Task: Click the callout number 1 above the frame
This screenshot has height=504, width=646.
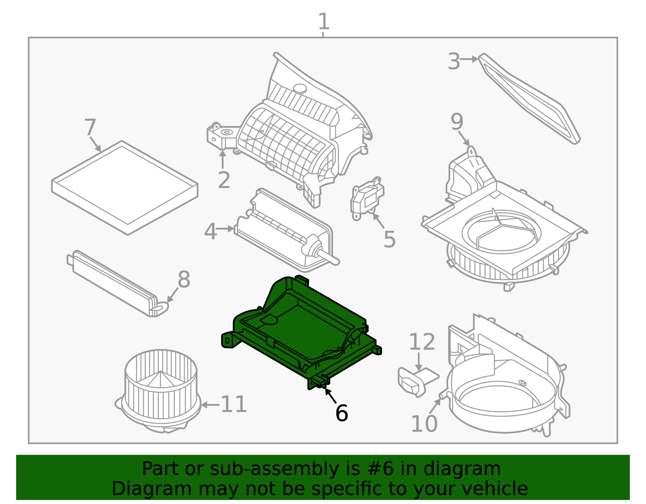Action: point(324,21)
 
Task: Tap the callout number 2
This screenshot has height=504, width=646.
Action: point(224,180)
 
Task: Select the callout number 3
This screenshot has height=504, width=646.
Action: point(454,61)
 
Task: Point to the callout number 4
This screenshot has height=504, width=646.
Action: point(210,231)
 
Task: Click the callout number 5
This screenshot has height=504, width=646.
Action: point(390,239)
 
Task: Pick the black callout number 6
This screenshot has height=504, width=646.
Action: point(342,413)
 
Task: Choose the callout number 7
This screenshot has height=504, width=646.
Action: point(90,128)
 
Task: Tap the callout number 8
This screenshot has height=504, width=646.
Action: point(184,280)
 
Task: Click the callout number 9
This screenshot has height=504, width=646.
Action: point(457,121)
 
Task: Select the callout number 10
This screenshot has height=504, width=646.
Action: point(424,424)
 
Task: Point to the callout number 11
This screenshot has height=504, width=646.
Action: point(234,404)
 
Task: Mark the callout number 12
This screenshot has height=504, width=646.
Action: point(422,342)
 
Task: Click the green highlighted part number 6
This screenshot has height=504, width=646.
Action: point(300,333)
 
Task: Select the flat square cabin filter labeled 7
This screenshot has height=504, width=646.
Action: point(125,188)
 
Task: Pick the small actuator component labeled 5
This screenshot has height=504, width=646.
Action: point(367,198)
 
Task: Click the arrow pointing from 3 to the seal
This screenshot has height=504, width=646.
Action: point(469,59)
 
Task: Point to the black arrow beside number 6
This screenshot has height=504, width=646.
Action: point(331,395)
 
